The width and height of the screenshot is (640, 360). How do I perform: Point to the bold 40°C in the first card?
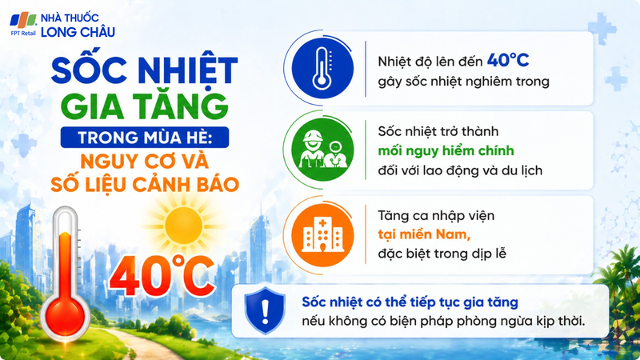click(x=510, y=61)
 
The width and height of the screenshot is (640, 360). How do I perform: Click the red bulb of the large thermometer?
click(x=63, y=315)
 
